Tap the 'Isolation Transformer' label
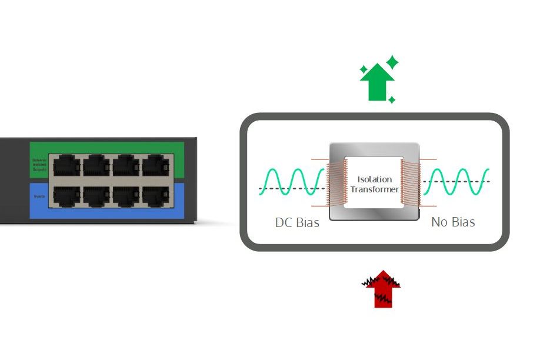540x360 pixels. pyautogui.click(x=374, y=184)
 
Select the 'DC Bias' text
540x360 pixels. pyautogui.click(x=297, y=222)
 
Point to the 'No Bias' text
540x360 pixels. pyautogui.click(x=453, y=222)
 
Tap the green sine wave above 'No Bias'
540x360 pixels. pyautogui.click(x=456, y=182)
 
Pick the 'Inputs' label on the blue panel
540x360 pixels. pyautogui.click(x=39, y=196)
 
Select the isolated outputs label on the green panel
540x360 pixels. pyautogui.click(x=39, y=165)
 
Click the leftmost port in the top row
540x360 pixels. pyautogui.click(x=66, y=166)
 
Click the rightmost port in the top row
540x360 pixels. pyautogui.click(x=155, y=166)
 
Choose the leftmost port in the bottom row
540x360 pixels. pyautogui.click(x=66, y=196)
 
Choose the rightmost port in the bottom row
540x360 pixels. pyautogui.click(x=155, y=196)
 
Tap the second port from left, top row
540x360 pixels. pyautogui.click(x=96, y=166)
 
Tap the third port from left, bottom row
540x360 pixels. pyautogui.click(x=126, y=196)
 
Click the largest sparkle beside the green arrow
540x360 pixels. pyautogui.click(x=392, y=62)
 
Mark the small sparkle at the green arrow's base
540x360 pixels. pyautogui.click(x=392, y=100)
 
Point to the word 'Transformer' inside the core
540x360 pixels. pyautogui.click(x=374, y=189)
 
